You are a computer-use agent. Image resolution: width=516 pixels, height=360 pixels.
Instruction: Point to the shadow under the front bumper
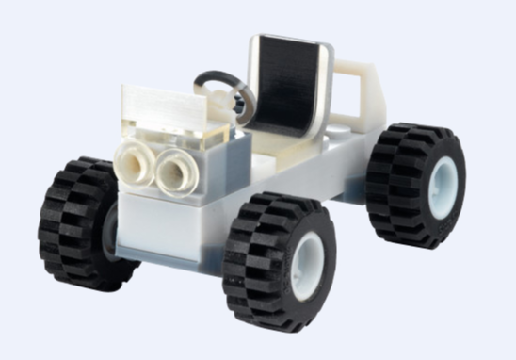[160, 267]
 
